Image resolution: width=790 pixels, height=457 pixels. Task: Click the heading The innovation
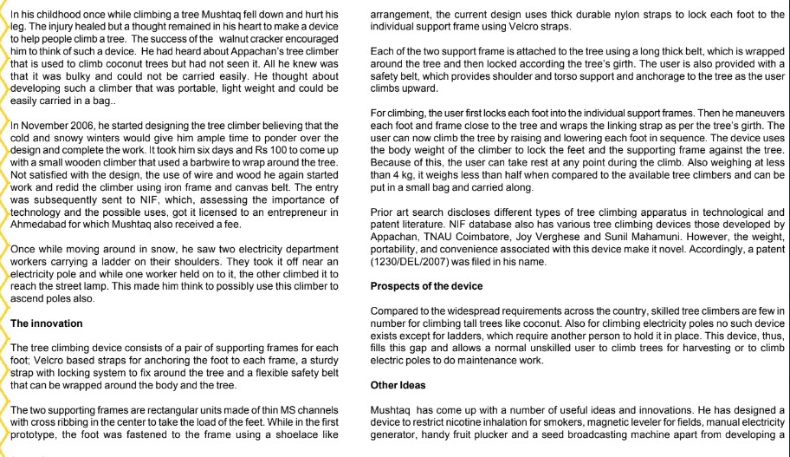[x=44, y=323]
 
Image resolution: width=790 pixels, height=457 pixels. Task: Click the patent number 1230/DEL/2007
[x=412, y=260]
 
